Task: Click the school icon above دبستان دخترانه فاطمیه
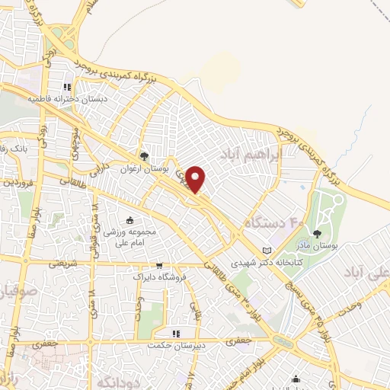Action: point(68,88)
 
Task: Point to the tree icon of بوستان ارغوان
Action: point(144,156)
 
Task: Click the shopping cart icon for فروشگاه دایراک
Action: point(158,266)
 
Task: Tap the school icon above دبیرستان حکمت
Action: point(175,334)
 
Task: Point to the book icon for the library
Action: point(266,250)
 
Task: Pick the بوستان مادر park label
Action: point(318,245)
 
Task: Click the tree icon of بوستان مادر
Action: point(318,233)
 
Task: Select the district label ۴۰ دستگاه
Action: point(272,223)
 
